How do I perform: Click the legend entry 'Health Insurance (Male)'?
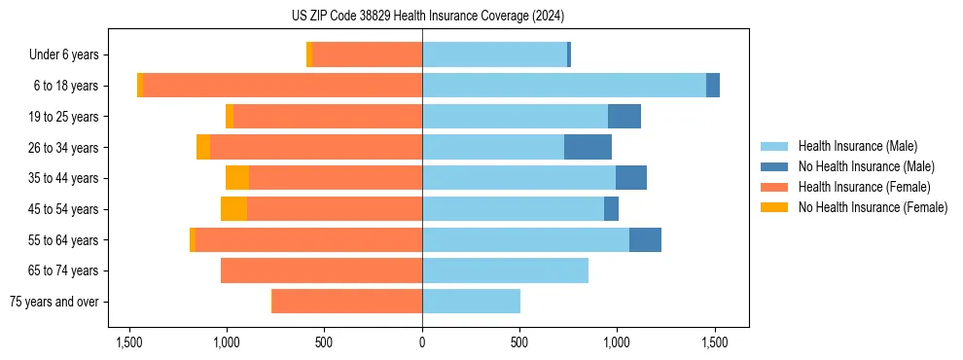pos(857,146)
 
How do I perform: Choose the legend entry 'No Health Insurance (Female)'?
pos(873,207)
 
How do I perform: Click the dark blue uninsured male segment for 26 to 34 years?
pos(588,148)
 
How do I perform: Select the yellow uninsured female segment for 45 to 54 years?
pos(233,209)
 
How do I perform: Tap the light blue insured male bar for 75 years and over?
pos(471,302)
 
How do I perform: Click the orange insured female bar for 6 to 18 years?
pos(282,86)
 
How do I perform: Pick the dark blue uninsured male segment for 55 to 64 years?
pos(645,240)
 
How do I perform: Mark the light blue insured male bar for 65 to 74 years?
pos(505,270)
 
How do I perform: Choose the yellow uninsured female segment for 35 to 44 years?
pos(237,178)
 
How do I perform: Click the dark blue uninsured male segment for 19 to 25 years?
pos(624,117)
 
